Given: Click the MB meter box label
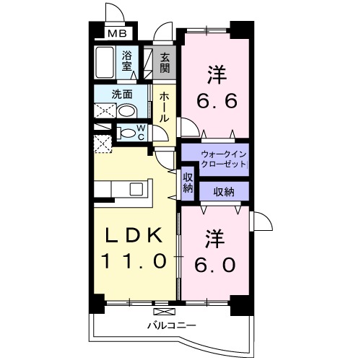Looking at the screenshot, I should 116,33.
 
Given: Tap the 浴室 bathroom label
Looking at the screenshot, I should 127,61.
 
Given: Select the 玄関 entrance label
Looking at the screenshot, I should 165,63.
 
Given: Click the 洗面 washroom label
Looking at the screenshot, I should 121,93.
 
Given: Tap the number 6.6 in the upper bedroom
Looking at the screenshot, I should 214,100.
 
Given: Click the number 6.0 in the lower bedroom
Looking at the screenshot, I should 214,264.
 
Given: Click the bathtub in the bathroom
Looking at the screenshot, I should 105,65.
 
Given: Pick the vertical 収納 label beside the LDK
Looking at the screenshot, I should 188,183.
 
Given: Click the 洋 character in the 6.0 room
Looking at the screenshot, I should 214,237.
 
